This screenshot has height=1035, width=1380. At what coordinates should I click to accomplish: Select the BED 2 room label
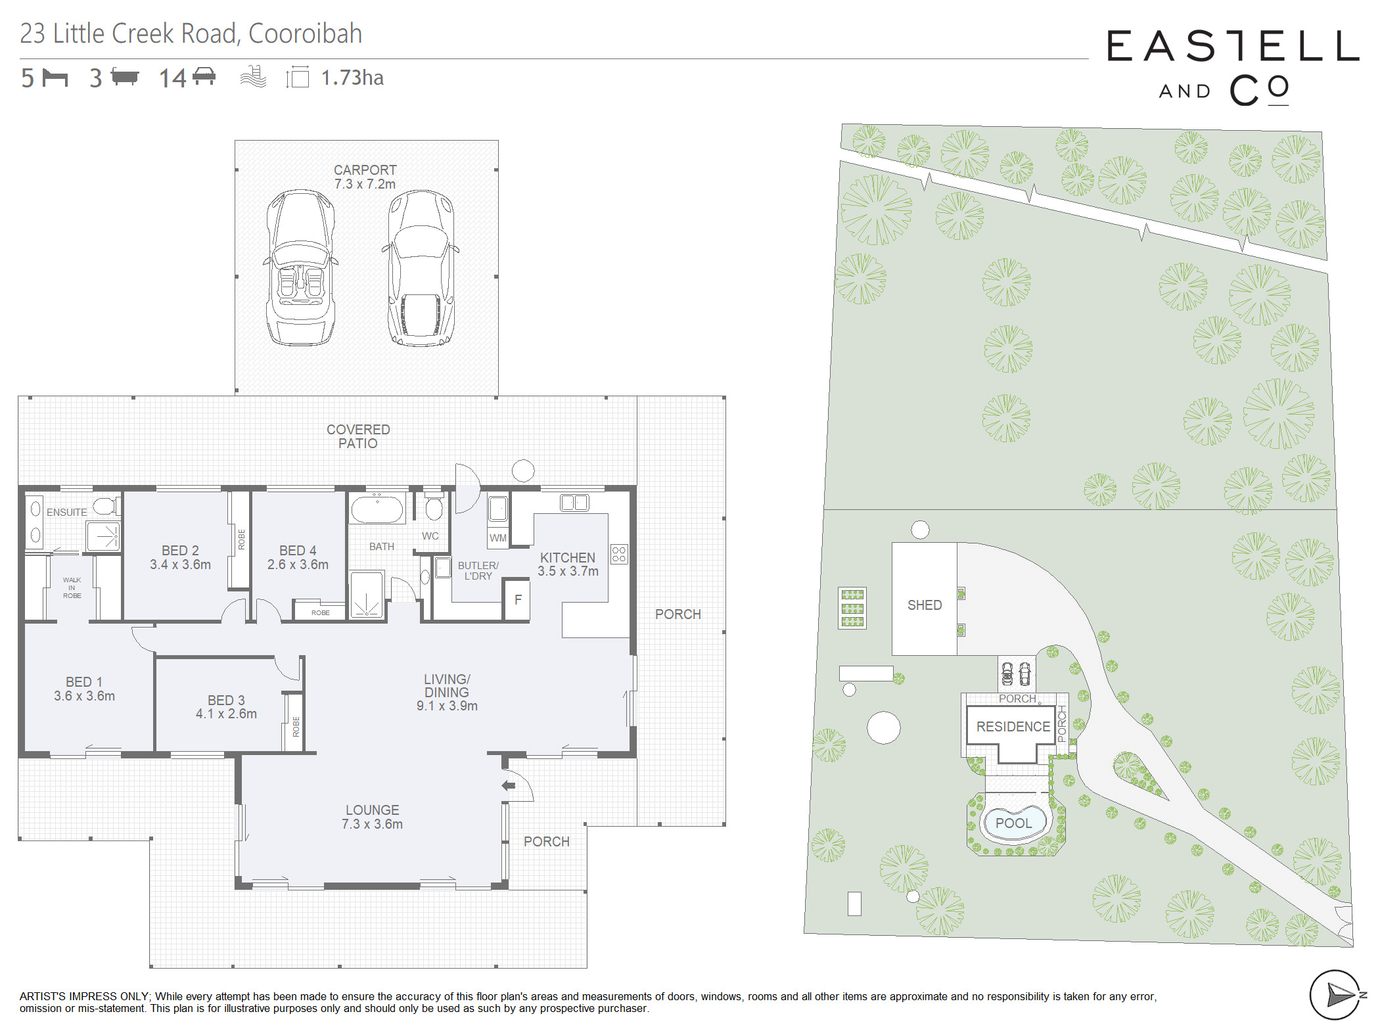(x=180, y=557)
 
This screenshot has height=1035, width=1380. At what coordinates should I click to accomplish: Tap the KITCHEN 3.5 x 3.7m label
(x=568, y=564)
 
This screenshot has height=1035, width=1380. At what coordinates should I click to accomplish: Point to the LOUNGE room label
(x=372, y=817)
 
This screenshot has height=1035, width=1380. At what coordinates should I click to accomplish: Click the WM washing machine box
(x=498, y=538)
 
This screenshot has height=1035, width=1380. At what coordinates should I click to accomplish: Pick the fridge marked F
(x=517, y=599)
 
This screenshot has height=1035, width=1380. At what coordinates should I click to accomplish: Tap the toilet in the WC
(x=434, y=507)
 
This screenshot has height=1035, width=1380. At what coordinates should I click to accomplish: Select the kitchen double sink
(x=574, y=503)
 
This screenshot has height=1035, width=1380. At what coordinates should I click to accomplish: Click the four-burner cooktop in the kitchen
(x=619, y=554)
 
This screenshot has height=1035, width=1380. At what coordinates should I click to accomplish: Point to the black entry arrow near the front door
(x=508, y=785)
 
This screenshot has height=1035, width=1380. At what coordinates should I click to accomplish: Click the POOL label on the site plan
(x=1013, y=823)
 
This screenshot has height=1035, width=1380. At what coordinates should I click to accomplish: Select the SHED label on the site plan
(x=925, y=605)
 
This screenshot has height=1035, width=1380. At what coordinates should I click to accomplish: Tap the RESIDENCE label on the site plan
(x=1013, y=726)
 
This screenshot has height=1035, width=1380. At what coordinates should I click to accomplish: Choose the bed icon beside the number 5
(x=55, y=78)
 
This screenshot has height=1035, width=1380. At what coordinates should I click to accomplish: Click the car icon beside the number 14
(x=204, y=76)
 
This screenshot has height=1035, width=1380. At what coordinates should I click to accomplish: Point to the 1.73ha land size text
(x=352, y=78)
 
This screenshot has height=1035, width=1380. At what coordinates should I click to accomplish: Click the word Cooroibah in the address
(x=305, y=34)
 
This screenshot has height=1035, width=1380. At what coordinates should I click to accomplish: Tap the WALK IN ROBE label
(x=72, y=587)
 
